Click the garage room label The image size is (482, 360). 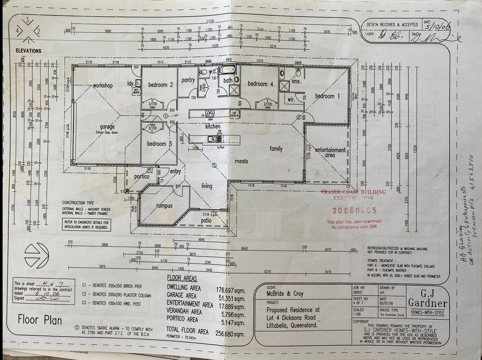click(107, 127)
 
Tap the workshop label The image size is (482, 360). click(103, 85)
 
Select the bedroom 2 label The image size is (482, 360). click(160, 85)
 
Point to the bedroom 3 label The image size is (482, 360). click(159, 144)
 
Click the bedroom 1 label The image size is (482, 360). click(327, 96)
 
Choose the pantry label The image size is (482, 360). click(188, 80)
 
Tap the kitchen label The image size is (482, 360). click(213, 126)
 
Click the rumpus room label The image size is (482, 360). click(164, 206)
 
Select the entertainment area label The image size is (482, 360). click(330, 152)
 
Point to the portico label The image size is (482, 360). click(142, 176)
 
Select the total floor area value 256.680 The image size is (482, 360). click(230, 333)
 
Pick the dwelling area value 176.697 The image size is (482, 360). click(230, 291)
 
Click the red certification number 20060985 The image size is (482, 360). click(355, 210)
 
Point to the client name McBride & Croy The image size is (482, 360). click(285, 294)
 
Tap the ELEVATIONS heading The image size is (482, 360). click(28, 51)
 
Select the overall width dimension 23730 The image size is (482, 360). click(210, 21)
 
